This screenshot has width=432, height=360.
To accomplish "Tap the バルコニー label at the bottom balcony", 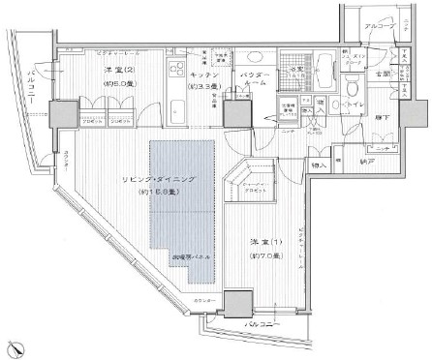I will pyautogui.click(x=262, y=323).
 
